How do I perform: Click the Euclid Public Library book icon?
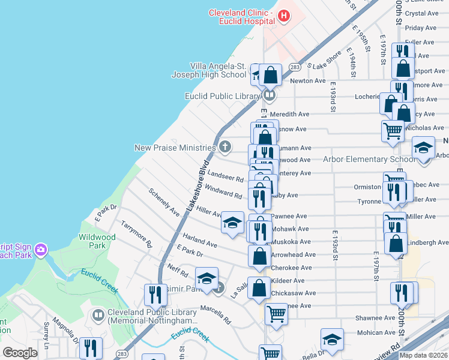pyautogui.click(x=270, y=95)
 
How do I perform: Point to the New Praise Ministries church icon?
pyautogui.click(x=224, y=147)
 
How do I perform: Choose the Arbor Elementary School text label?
pyautogui.click(x=369, y=160)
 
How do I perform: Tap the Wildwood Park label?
pyautogui.click(x=97, y=241)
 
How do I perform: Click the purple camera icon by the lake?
pyautogui.click(x=41, y=249)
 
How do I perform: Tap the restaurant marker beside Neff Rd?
pyautogui.click(x=155, y=295)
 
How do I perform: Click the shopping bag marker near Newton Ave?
pyautogui.click(x=271, y=75)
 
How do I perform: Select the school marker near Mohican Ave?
pyautogui.click(x=332, y=339)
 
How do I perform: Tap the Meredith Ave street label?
pyautogui.click(x=289, y=114)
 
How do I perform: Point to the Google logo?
pyautogui.click(x=20, y=353)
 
